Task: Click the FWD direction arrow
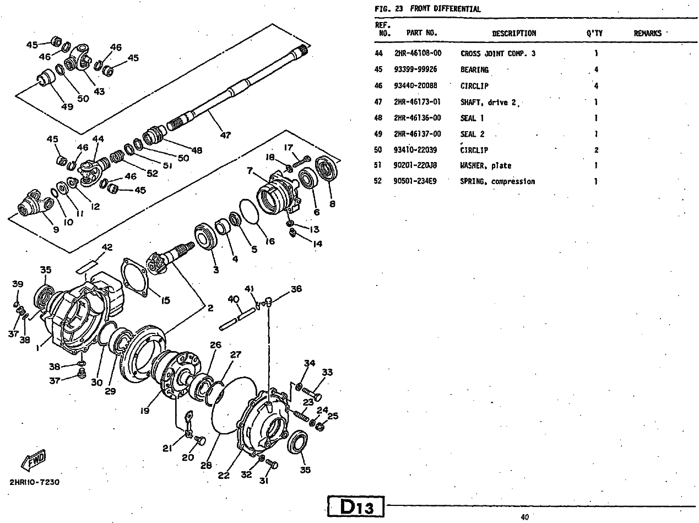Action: [34, 460]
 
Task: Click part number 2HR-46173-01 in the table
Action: [418, 102]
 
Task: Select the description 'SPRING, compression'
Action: [497, 181]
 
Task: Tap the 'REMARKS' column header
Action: [647, 34]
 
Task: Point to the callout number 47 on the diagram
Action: [225, 136]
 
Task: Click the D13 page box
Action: [356, 506]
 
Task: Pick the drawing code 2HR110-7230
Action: [34, 482]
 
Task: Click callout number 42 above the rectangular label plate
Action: [107, 247]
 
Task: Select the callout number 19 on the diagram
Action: [144, 411]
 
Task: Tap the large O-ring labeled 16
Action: [249, 212]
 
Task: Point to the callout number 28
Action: [206, 465]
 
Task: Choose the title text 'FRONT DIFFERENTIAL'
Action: [445, 9]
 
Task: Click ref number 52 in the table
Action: [378, 181]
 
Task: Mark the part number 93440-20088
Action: [415, 85]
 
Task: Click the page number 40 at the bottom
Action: [525, 517]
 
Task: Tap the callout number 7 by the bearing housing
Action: [250, 171]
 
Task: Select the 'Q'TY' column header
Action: [594, 34]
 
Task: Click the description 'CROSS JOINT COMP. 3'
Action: [498, 53]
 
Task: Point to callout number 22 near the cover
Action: [224, 476]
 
